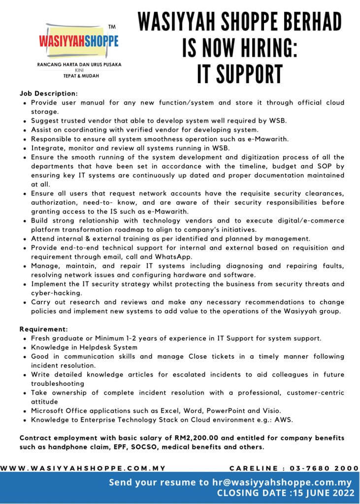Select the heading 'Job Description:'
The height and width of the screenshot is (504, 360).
coord(48,93)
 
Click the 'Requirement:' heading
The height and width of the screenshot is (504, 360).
coord(43,329)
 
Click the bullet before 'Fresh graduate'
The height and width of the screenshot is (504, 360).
coord(25,339)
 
